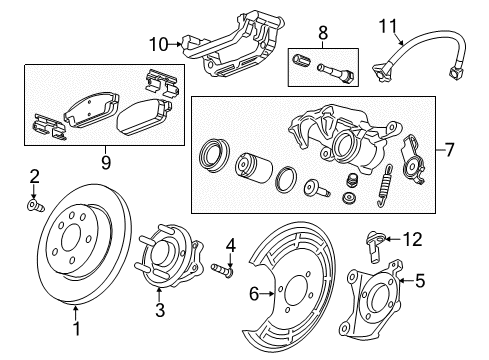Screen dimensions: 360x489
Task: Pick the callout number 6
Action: point(254,294)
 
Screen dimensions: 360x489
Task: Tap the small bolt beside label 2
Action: point(35,207)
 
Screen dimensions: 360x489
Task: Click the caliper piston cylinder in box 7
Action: point(251,167)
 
